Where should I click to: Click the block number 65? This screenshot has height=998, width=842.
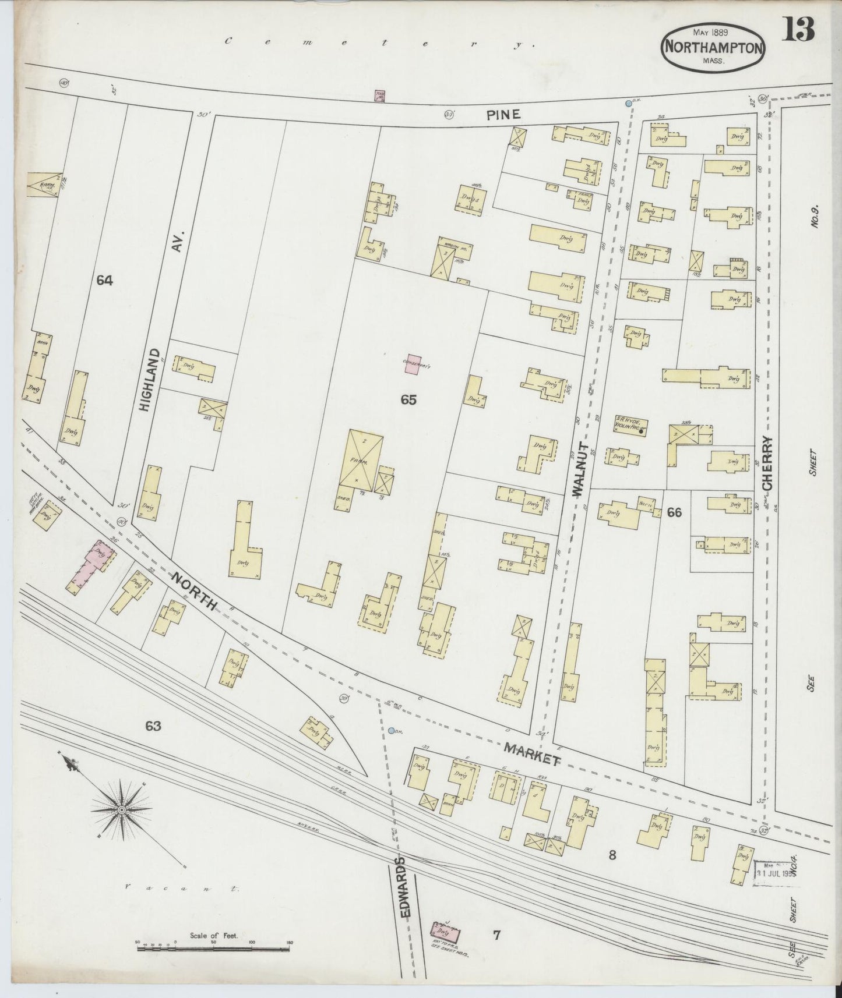click(x=408, y=400)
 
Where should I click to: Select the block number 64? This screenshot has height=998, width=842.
click(x=104, y=281)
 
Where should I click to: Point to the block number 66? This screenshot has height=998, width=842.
click(x=674, y=513)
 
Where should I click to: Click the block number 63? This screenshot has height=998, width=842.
click(x=153, y=726)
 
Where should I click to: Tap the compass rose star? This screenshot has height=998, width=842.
click(x=122, y=810)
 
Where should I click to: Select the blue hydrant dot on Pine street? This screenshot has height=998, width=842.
click(x=628, y=104)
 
